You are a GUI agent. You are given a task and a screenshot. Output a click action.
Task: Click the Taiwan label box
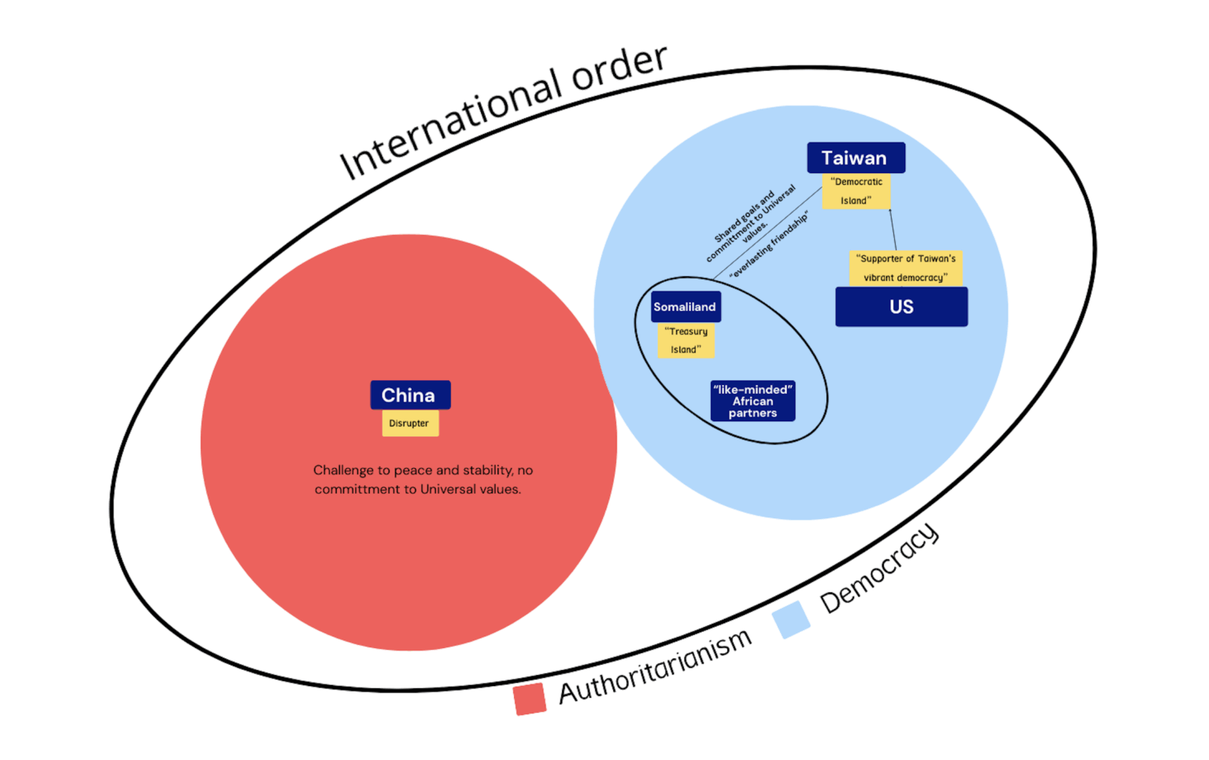click(856, 158)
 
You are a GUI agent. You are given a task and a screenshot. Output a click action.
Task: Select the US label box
click(901, 306)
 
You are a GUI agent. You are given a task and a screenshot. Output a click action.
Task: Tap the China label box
click(410, 395)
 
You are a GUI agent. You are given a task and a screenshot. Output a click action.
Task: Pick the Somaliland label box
click(685, 307)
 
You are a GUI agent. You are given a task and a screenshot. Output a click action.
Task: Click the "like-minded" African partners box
click(752, 401)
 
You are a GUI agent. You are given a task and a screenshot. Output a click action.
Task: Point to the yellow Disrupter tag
click(410, 423)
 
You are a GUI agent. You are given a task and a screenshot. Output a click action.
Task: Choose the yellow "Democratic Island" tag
click(856, 191)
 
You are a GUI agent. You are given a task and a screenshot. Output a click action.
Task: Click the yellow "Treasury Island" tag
click(686, 340)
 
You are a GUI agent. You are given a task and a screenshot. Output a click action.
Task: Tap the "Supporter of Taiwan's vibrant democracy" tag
click(905, 268)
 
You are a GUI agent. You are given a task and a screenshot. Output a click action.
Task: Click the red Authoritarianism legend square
click(530, 699)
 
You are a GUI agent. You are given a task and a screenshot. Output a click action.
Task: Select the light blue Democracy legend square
click(791, 619)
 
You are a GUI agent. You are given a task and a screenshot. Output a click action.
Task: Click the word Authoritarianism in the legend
click(655, 666)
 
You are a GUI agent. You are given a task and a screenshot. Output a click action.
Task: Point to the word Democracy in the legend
click(879, 569)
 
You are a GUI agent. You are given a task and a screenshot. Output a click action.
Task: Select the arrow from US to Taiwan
click(893, 229)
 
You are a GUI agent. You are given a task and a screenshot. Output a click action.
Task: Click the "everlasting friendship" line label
click(769, 245)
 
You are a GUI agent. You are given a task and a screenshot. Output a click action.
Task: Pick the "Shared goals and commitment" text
click(750, 224)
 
